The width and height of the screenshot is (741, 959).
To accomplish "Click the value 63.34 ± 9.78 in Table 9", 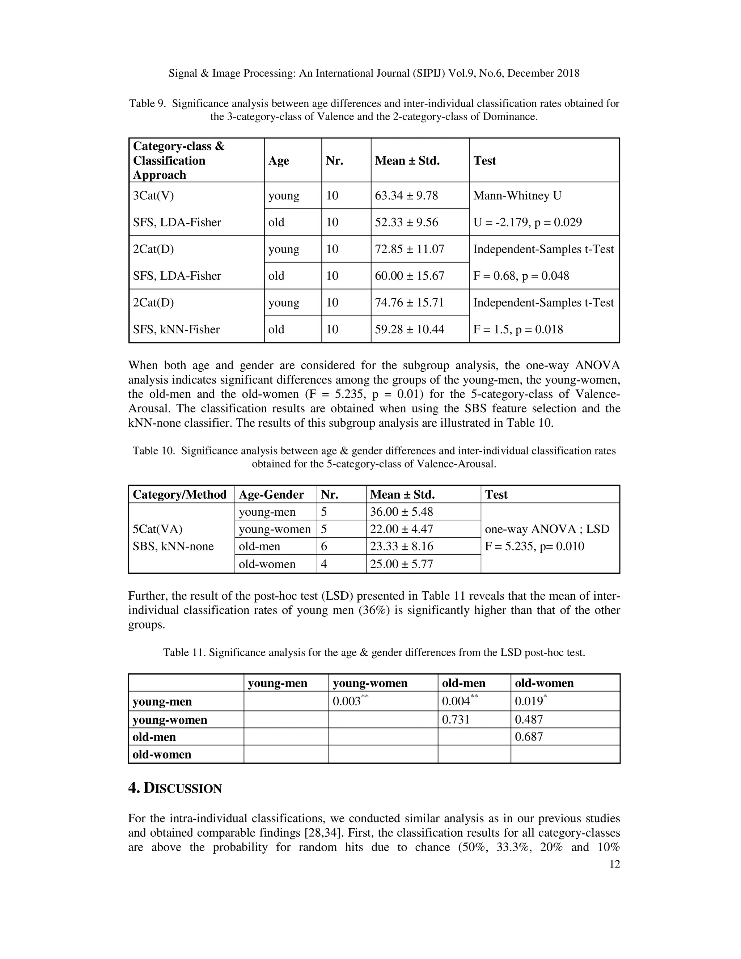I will (406, 195).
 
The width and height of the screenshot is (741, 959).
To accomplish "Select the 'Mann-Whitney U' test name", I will (517, 195).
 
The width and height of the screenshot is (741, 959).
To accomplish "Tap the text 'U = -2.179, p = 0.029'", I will (527, 222).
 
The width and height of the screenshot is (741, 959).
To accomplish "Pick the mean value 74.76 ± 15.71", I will (409, 303).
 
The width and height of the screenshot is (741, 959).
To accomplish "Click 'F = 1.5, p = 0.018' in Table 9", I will (518, 329).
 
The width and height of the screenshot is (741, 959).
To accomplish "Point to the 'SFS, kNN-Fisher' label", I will (176, 329).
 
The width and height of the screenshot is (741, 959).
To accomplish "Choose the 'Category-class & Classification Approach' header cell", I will (179, 160).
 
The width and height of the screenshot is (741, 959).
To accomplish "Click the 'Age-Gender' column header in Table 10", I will (271, 495).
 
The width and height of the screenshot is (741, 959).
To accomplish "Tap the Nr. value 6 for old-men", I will (324, 546).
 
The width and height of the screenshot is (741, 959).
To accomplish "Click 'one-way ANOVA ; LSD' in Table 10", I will (547, 529).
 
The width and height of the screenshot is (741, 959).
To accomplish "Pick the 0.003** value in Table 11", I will (350, 701).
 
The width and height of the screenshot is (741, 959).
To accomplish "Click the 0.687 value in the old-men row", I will (529, 737).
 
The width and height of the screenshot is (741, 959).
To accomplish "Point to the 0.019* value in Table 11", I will (530, 701).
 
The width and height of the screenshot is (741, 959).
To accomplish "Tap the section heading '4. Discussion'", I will (175, 788).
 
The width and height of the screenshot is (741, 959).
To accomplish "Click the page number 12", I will (615, 865).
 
